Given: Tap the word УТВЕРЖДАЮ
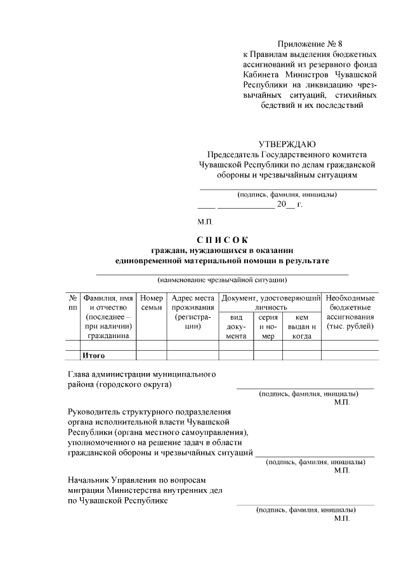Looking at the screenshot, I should [287, 144].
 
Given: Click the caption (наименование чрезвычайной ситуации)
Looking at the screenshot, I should [222, 279].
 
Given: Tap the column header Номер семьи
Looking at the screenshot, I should [151, 303].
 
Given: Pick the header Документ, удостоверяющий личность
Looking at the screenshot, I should [270, 302].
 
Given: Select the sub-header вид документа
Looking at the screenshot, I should [235, 326].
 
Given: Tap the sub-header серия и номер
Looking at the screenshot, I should [268, 326].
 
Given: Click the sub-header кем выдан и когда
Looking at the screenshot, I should [301, 326].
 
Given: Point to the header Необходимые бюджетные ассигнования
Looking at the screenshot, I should [350, 311].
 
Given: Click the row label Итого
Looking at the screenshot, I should [93, 355].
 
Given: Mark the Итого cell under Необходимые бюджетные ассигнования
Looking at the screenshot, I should [350, 355].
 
